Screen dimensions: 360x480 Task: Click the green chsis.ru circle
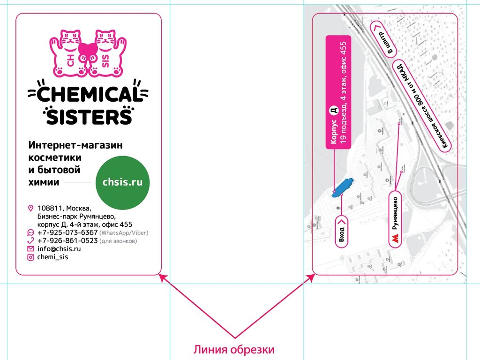[x=126, y=183]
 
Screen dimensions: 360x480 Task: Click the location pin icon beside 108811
[x=31, y=208]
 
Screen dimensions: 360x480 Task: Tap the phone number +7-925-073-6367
[x=67, y=232]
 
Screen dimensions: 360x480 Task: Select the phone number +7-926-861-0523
[x=67, y=241]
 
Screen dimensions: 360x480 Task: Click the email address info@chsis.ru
[x=59, y=249]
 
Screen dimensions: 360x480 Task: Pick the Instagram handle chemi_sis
[x=53, y=257]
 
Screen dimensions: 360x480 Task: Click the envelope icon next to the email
[x=31, y=249]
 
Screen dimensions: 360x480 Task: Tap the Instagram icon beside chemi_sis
[x=31, y=257]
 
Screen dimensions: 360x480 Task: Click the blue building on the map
[x=343, y=187]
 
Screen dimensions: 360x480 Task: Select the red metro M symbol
[x=396, y=239]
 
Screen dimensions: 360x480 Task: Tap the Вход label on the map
[x=342, y=231]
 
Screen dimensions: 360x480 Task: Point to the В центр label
[x=384, y=38]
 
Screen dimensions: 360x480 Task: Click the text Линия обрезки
[x=234, y=350]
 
